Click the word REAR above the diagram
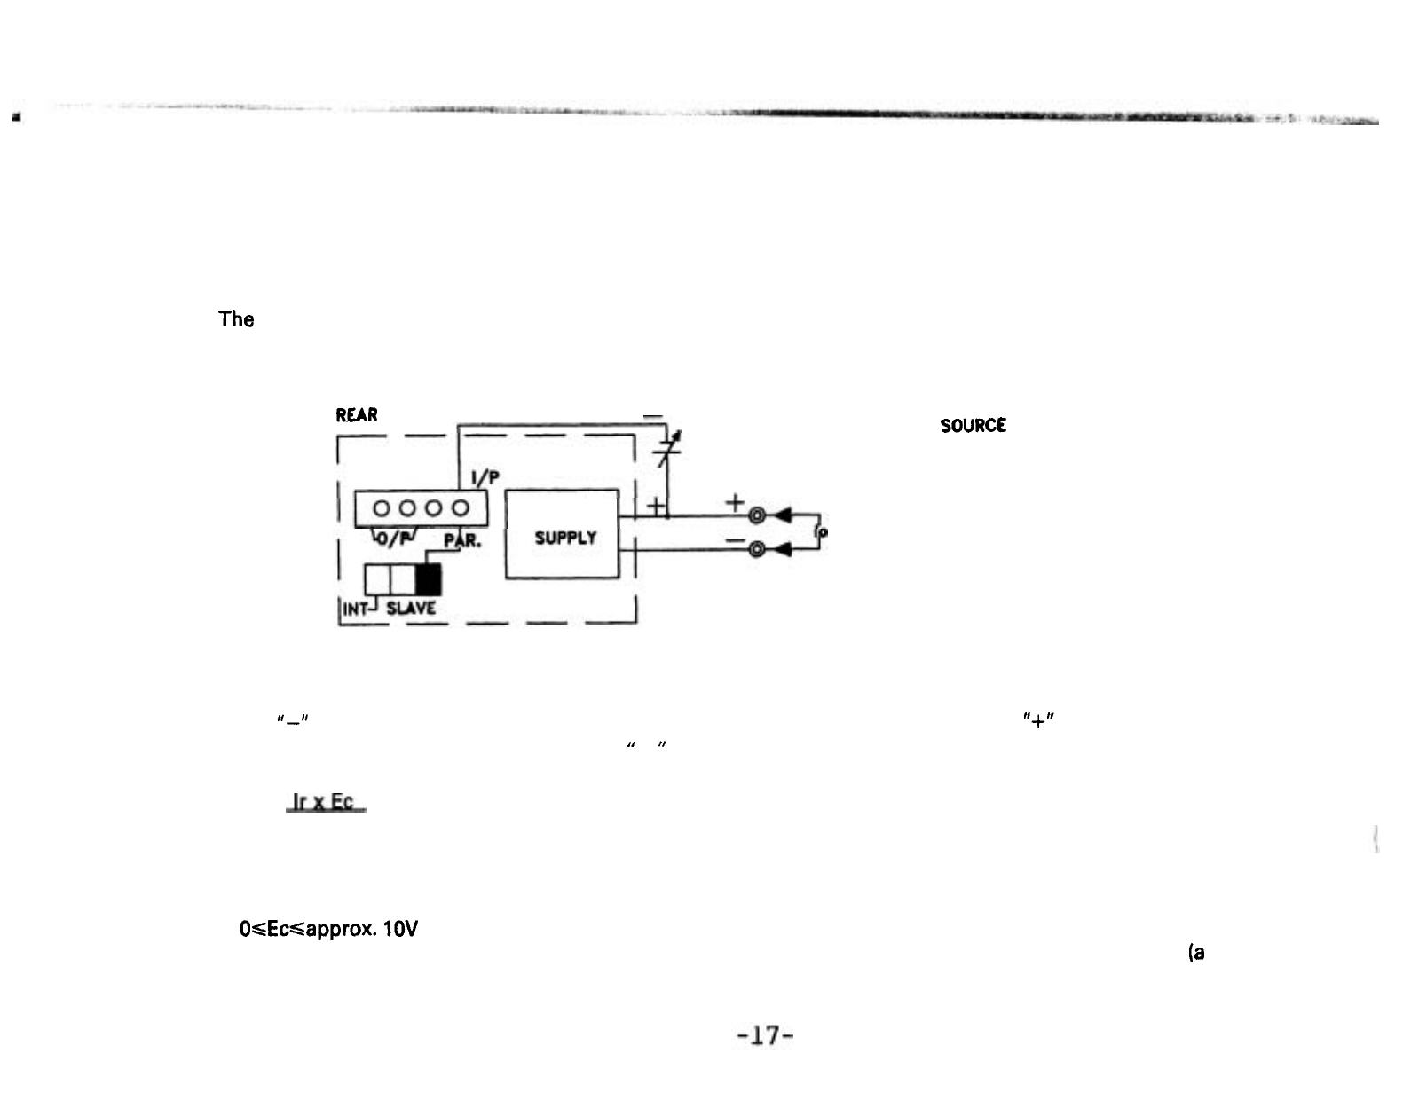[357, 415]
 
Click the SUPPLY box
[563, 535]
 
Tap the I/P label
[485, 477]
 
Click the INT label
[357, 609]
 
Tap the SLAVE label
[409, 609]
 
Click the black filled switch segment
[429, 579]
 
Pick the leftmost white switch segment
[379, 579]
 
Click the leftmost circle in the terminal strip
[382, 508]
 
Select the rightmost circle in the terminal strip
[461, 508]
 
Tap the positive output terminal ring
[757, 515]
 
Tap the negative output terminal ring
[757, 549]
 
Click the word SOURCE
[974, 426]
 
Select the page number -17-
[764, 1034]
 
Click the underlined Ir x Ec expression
[326, 802]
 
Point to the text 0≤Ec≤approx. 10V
[329, 930]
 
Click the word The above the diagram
[236, 319]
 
